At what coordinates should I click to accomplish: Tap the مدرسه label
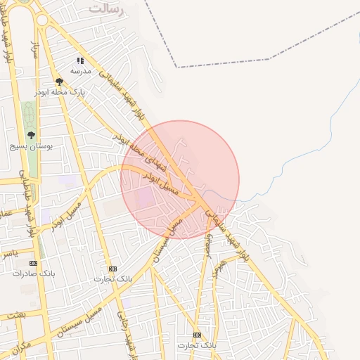click(79, 71)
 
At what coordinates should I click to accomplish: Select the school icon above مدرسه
click(79, 61)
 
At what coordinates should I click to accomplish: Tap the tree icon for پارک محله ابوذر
click(59, 82)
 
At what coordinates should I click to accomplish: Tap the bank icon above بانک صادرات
click(33, 263)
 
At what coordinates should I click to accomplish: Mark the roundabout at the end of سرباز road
click(43, 20)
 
